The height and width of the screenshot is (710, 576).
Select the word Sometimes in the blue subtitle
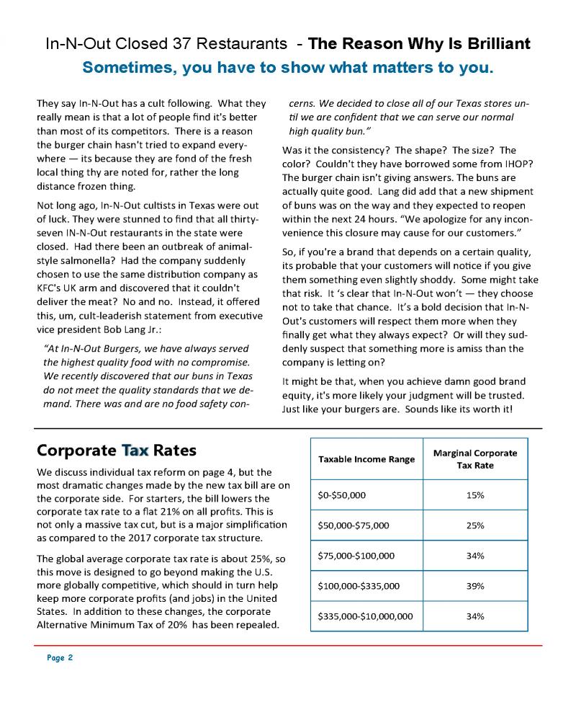(x=128, y=68)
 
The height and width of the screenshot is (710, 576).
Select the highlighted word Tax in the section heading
(x=135, y=451)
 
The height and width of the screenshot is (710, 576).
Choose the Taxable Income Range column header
(x=366, y=459)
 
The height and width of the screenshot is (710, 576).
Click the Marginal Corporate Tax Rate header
(x=474, y=459)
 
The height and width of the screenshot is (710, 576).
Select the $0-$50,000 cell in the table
(x=342, y=495)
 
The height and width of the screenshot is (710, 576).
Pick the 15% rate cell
(x=474, y=495)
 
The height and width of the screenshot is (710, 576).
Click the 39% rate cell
(x=474, y=586)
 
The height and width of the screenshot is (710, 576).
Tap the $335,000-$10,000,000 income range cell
(x=365, y=616)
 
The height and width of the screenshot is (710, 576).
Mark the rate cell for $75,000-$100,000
(x=474, y=556)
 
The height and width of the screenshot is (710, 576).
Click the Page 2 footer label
(x=60, y=658)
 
